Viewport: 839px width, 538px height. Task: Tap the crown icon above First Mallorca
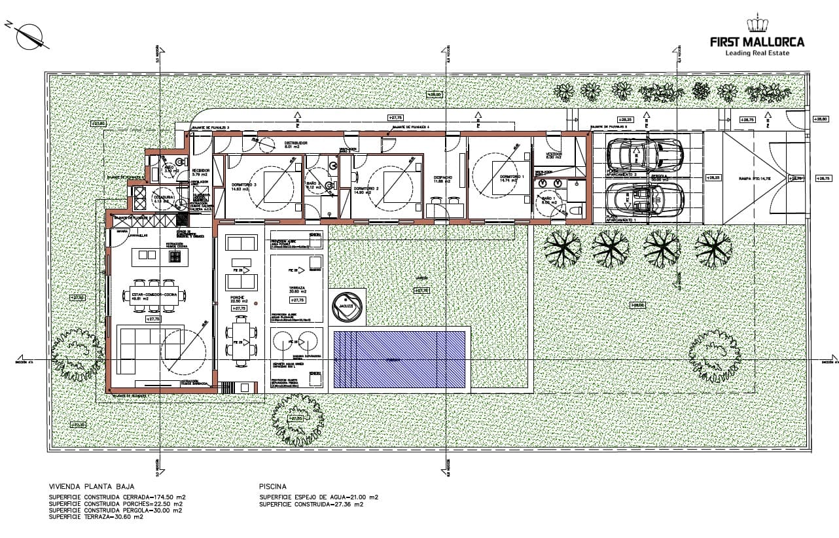click(x=757, y=24)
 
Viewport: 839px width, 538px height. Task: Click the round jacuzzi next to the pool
click(x=346, y=306)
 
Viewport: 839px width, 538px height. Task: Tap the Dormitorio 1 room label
click(x=512, y=178)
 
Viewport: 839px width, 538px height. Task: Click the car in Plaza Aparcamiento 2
click(x=645, y=154)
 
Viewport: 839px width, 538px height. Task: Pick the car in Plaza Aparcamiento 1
click(x=645, y=198)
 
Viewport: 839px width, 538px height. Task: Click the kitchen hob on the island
click(x=175, y=256)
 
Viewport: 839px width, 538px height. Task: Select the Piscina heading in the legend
click(x=273, y=487)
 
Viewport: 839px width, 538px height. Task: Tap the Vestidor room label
click(x=554, y=155)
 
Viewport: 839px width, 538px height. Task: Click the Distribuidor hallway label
click(x=295, y=143)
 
